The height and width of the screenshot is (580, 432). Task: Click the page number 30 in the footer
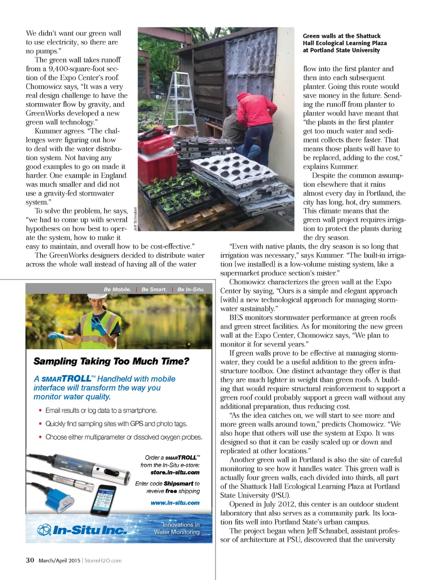tap(30, 560)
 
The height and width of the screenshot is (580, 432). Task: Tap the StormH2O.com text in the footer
tap(103, 561)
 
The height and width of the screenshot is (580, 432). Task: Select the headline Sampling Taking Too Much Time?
tap(111, 361)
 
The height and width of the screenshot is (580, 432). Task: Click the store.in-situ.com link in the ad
tap(175, 472)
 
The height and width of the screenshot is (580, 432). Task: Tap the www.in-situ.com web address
tap(175, 503)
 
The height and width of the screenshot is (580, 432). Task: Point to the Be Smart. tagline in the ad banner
tap(154, 289)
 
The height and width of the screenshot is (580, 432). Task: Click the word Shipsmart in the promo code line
tap(178, 484)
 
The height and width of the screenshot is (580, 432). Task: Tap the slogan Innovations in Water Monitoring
tap(177, 528)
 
